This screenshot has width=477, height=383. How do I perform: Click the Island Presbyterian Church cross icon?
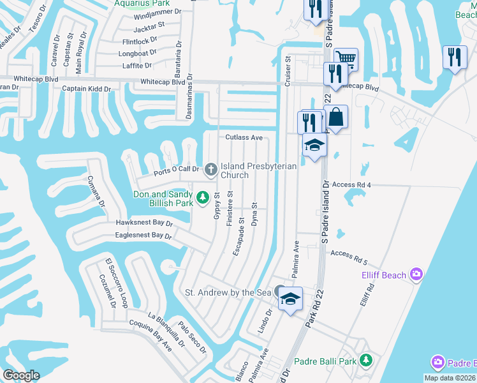(x=211, y=170)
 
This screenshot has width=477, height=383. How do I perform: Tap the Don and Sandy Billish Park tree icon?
(x=203, y=199)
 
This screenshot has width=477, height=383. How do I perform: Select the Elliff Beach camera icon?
(x=416, y=274)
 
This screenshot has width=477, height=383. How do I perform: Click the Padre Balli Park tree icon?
(x=365, y=361)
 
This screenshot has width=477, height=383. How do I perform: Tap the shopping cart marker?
(x=346, y=59)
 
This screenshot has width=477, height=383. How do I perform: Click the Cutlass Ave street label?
(x=244, y=137)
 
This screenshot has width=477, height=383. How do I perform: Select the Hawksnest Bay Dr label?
(x=145, y=223)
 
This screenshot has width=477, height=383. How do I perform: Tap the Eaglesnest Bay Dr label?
(x=143, y=235)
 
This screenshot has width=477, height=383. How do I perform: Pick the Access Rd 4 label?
(x=351, y=184)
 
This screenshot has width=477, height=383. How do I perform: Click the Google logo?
(x=22, y=375)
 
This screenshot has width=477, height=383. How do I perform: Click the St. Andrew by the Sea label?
(x=228, y=292)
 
